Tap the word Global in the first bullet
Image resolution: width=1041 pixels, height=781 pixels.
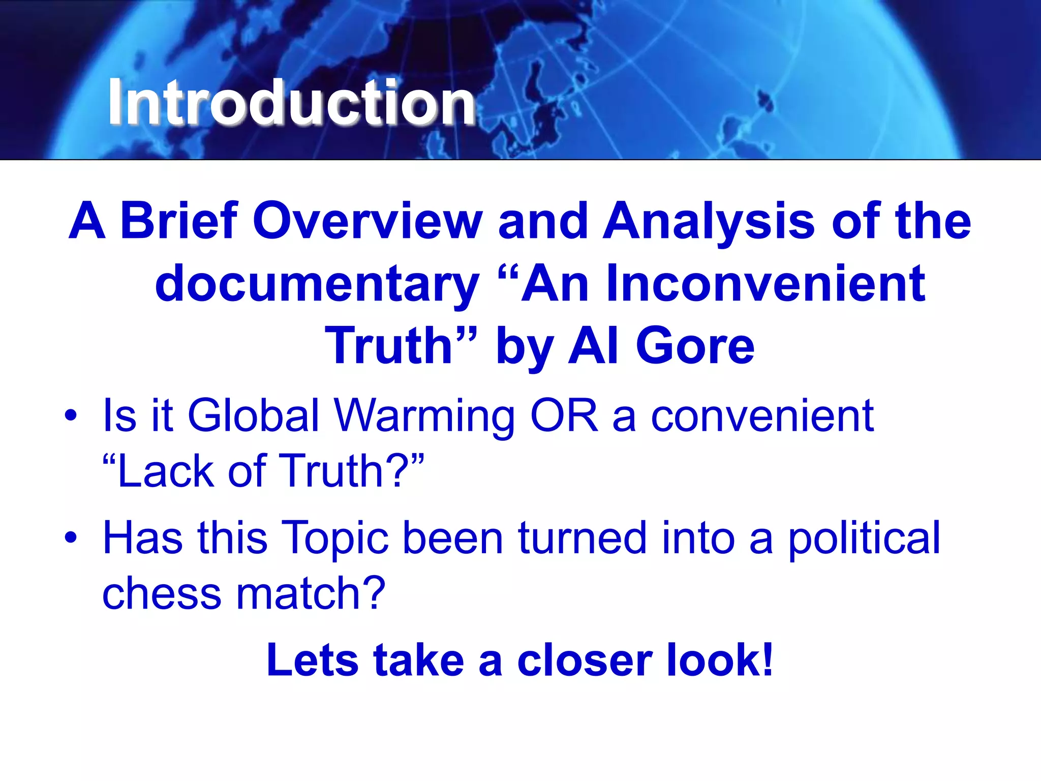[253, 415]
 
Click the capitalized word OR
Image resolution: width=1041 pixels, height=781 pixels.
[564, 415]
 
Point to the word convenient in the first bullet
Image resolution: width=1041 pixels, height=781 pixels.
[762, 415]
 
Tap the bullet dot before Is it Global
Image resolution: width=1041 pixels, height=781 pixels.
[71, 415]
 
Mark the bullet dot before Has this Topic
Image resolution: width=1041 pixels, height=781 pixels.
[71, 537]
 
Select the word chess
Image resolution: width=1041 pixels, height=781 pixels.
[162, 593]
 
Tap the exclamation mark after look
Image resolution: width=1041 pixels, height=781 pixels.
[767, 659]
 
